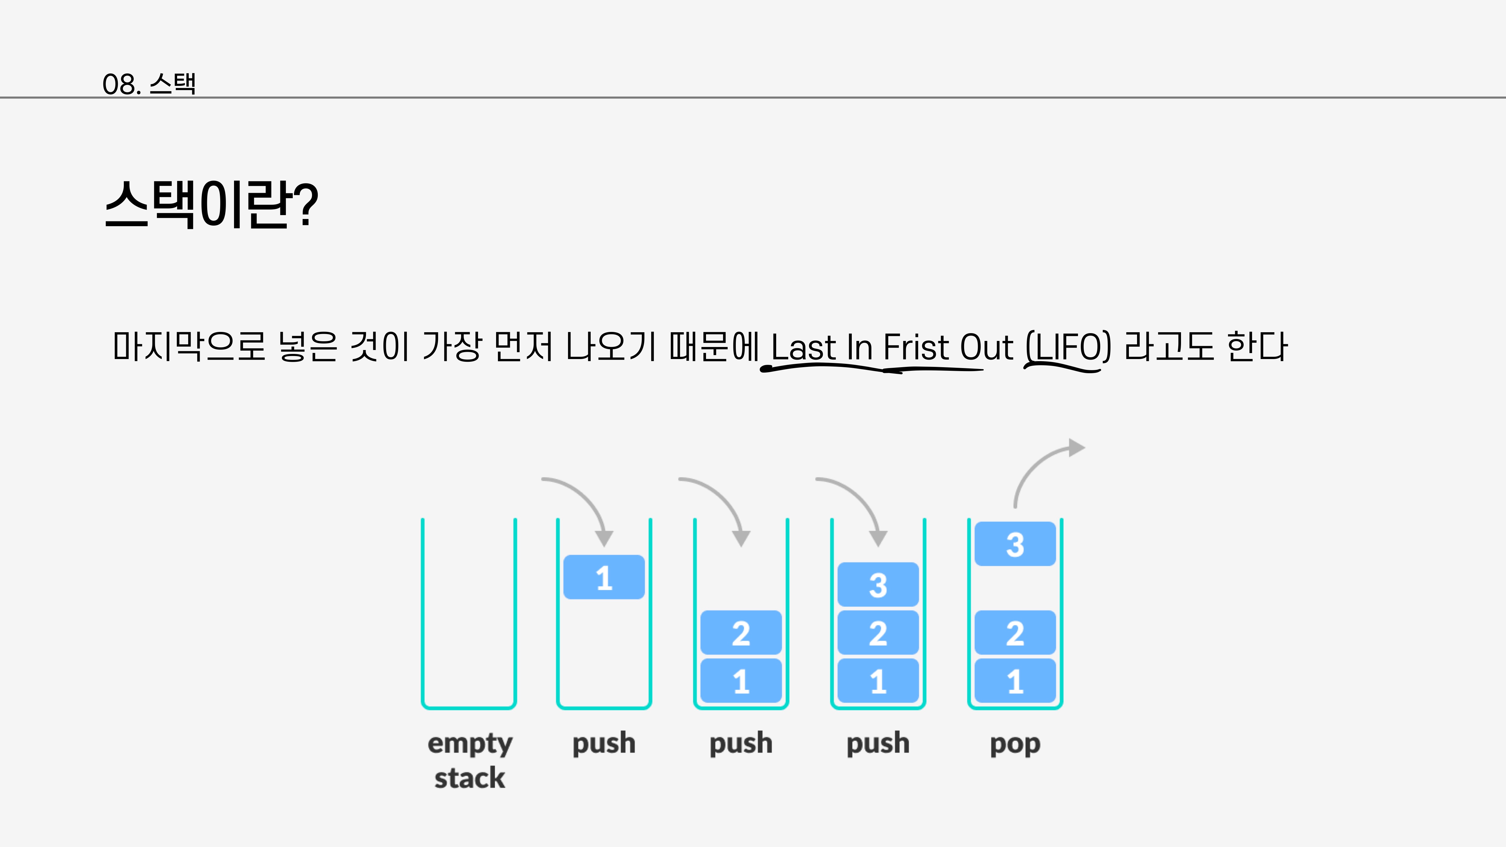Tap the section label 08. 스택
(x=149, y=84)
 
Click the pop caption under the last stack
(x=1015, y=744)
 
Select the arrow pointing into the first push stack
(x=585, y=503)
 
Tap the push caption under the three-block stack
(x=877, y=744)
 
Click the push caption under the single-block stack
(x=604, y=744)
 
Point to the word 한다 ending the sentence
(x=1257, y=346)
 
